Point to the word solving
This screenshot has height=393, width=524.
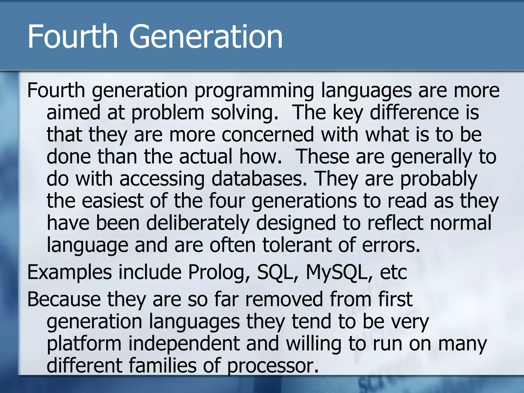(245, 113)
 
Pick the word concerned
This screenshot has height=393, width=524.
(268, 135)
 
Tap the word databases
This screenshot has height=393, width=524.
(259, 179)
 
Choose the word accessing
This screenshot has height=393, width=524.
(162, 179)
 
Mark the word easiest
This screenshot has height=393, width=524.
(112, 201)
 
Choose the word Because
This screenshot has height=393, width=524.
(64, 299)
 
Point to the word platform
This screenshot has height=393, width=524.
(84, 344)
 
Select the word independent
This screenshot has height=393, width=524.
(184, 344)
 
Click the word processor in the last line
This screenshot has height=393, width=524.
(273, 366)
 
